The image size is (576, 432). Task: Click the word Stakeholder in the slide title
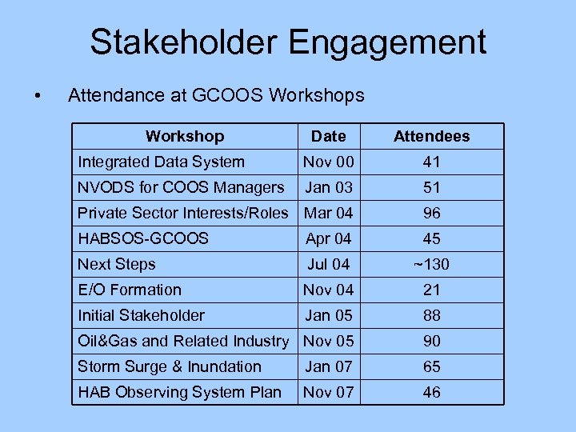point(186,42)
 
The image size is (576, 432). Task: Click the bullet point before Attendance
point(38,97)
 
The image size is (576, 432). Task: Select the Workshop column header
point(185,136)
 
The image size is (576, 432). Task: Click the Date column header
point(328,136)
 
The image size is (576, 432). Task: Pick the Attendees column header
point(431,136)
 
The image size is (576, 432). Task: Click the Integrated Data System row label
point(161,162)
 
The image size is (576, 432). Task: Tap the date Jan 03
point(328,187)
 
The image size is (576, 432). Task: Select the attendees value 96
point(431,213)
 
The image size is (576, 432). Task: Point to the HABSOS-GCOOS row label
point(142,238)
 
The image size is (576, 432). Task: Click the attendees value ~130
point(431,264)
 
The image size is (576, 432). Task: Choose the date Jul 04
point(328,264)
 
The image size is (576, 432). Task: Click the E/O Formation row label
point(130,290)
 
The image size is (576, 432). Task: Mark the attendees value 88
point(431,315)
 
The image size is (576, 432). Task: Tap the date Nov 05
point(328,341)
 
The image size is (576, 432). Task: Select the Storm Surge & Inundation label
point(170,366)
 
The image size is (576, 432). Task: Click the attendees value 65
point(431,366)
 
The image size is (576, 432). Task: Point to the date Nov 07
point(328,392)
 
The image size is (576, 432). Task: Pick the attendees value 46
point(431,392)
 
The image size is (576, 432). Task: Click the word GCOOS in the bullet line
point(232,96)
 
